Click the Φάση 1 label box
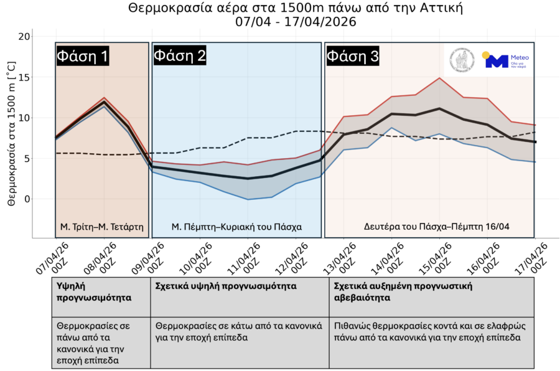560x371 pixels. point(83,56)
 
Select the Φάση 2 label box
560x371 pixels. point(180,56)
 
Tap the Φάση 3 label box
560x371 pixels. point(352,56)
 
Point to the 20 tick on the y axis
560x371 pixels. point(24,37)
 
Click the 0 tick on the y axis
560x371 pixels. point(27,199)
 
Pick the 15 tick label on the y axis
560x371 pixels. point(24,77)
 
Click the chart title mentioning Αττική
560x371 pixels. point(296,8)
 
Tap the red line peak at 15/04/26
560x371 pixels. point(439,78)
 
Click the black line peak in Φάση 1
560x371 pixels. point(104,103)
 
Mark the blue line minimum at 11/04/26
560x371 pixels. point(248,199)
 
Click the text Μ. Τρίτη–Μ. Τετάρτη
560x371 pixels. point(101,227)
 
